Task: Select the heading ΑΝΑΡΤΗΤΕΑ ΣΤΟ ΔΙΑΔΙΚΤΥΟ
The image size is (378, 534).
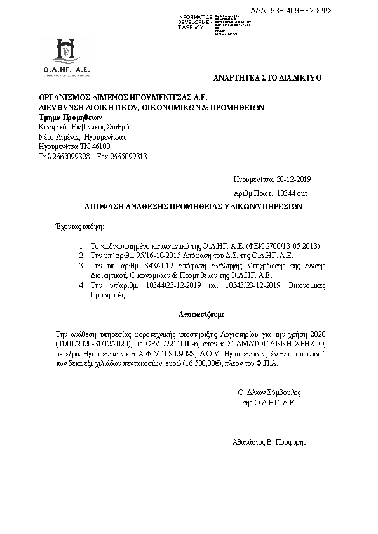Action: coord(267,78)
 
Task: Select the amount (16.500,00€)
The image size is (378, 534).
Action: coord(198,365)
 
